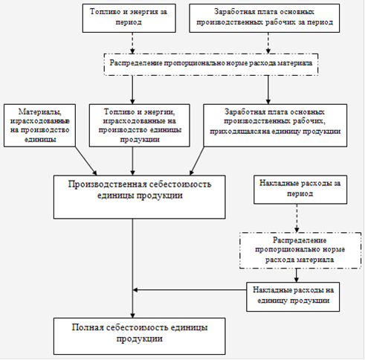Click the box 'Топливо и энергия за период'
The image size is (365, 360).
129,18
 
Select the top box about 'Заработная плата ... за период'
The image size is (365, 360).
265,18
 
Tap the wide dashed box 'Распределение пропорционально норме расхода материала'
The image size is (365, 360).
211,65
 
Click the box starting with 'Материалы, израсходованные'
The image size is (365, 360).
39,126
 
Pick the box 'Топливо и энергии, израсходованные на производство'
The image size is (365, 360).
140,126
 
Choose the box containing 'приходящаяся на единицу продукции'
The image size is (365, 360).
275,126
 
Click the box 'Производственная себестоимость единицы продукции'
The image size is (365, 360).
140,197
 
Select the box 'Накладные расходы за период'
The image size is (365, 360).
300,190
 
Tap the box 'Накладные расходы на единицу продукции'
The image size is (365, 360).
293,297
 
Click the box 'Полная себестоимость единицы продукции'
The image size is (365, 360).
140,336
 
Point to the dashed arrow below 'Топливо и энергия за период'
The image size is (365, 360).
132,43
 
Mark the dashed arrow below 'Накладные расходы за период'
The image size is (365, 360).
297,218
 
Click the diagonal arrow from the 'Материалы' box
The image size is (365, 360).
86,161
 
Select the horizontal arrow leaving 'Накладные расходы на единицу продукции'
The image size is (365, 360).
190,290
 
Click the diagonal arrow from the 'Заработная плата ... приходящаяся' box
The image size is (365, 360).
197,161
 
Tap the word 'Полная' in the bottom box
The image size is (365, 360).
88,327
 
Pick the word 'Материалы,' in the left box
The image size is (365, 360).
40,112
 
